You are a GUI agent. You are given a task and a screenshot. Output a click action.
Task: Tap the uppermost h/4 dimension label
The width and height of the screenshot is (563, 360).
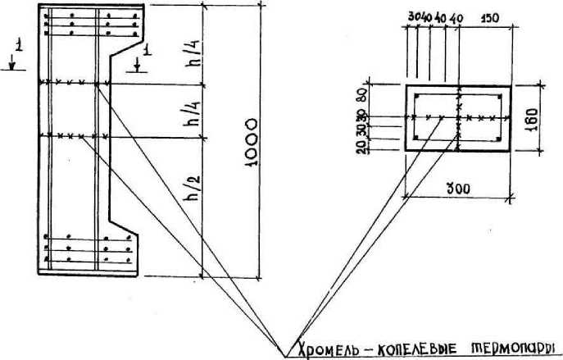(x=193, y=56)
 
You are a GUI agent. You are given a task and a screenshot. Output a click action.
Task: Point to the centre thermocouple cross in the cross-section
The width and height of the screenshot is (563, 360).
(x=459, y=118)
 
